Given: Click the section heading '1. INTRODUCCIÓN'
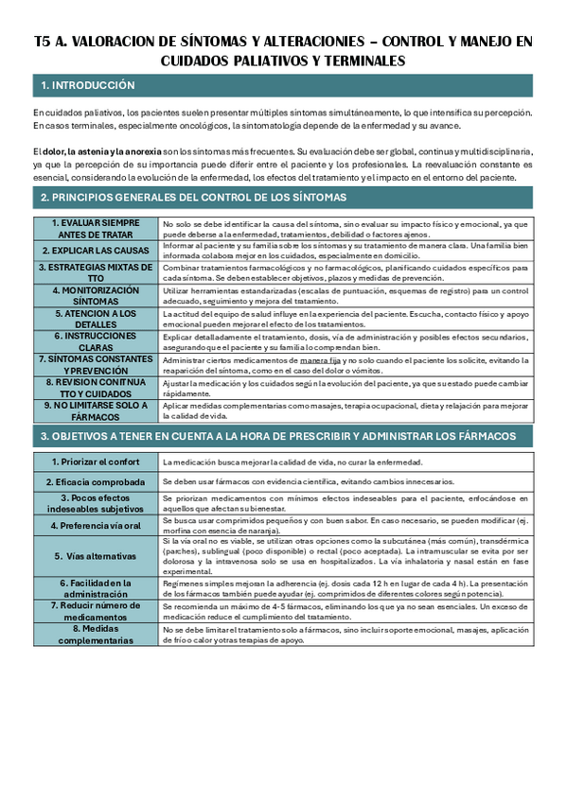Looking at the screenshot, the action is (x=88, y=86).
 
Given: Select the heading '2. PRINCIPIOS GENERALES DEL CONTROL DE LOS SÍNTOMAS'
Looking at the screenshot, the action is (x=193, y=198).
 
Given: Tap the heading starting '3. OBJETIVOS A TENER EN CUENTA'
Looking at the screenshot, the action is (x=277, y=436).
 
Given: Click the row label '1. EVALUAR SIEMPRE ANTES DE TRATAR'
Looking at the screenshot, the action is (x=96, y=228).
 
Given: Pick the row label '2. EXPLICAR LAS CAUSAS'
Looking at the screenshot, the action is (x=96, y=250).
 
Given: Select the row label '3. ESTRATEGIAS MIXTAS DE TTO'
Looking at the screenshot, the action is (x=96, y=272).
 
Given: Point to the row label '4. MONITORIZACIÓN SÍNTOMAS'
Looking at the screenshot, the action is (x=96, y=294).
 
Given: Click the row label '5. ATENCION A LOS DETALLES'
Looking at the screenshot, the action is (x=96, y=317).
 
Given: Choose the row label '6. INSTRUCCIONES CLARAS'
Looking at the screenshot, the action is (x=96, y=340).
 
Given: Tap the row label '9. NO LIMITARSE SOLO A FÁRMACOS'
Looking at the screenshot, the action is (x=96, y=410).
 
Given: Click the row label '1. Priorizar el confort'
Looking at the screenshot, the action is (x=96, y=462).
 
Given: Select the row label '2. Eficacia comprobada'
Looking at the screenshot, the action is (x=96, y=481).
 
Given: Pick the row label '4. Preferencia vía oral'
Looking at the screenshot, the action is (x=96, y=524).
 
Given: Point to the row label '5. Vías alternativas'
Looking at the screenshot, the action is (x=96, y=555).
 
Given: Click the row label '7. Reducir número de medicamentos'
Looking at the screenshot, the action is (x=96, y=610).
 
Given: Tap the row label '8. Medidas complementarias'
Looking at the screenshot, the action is (x=96, y=634).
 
